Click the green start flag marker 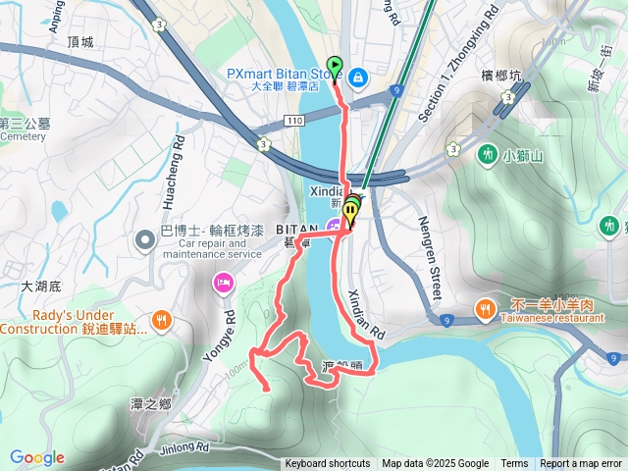click(x=334, y=67)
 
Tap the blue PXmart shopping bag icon click(x=358, y=76)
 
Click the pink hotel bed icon click(x=223, y=284)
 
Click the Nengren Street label click(x=432, y=259)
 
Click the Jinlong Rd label click(x=185, y=447)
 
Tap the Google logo click(x=37, y=457)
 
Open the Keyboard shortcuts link click(x=328, y=464)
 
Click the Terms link click(x=514, y=464)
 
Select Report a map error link click(x=581, y=464)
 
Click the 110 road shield click(x=297, y=119)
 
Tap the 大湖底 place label click(x=40, y=287)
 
